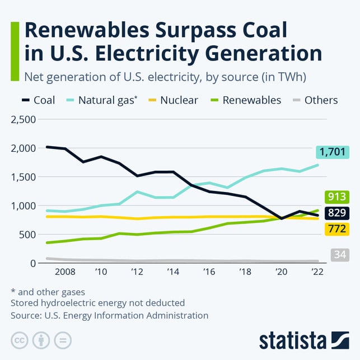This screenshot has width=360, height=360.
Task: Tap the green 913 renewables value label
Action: [x=337, y=197]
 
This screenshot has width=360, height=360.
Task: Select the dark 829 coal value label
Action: [x=337, y=213]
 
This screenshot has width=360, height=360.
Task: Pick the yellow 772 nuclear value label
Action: [x=337, y=228]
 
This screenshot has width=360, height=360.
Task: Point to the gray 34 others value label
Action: [x=340, y=255]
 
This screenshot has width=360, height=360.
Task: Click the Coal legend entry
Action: [x=39, y=100]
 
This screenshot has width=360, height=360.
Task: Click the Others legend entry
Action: [x=314, y=100]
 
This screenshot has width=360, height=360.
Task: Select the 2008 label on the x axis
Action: [x=66, y=272]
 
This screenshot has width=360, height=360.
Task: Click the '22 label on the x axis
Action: [x=317, y=272]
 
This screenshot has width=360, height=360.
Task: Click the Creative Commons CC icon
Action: [x=19, y=340]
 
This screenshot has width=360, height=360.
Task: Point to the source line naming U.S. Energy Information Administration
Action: [x=109, y=315]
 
